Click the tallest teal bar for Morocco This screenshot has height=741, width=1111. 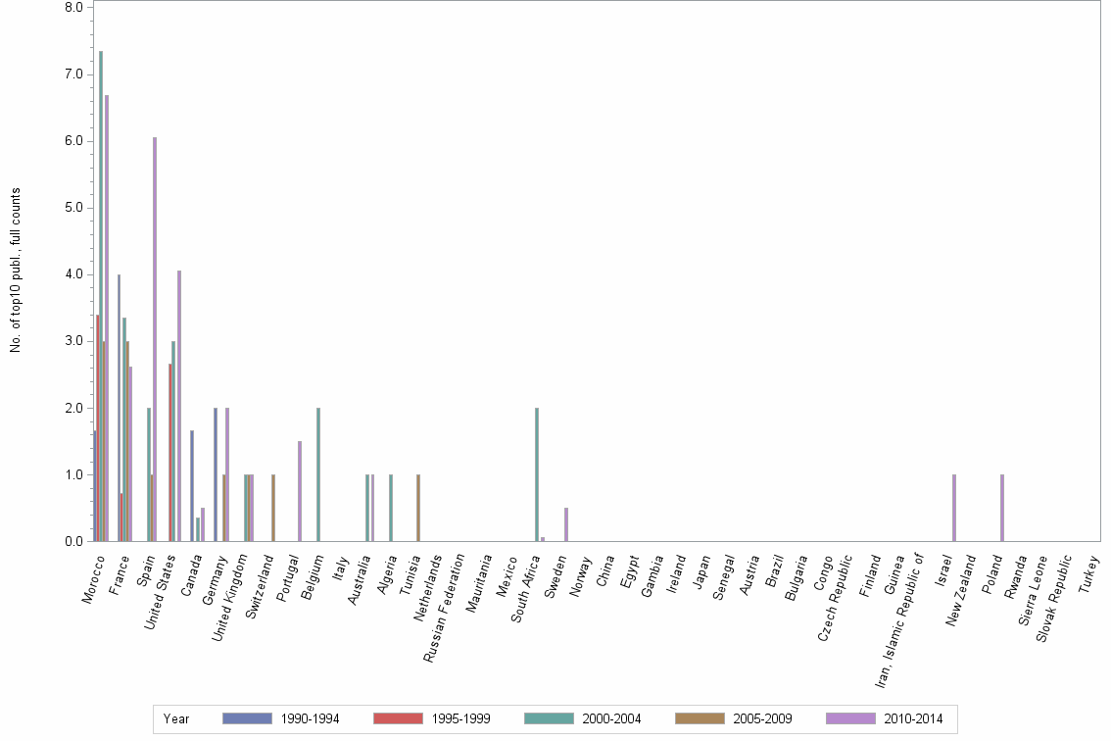coord(101,294)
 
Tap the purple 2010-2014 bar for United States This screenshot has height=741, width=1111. coord(179,406)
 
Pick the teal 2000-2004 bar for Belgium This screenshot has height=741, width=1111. coord(318,474)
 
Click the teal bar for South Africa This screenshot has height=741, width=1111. coord(537,474)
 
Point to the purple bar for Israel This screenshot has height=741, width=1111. coord(954,508)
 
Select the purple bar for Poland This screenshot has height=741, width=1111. coord(1002,508)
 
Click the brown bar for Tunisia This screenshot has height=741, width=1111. coord(418,508)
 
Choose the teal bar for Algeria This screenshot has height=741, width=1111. coord(391,508)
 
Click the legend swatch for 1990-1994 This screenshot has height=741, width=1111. coord(247,718)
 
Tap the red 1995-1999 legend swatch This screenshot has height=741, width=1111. coord(398,718)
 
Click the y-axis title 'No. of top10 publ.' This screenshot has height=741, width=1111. coord(16,270)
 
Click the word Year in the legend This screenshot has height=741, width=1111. coord(176,718)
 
